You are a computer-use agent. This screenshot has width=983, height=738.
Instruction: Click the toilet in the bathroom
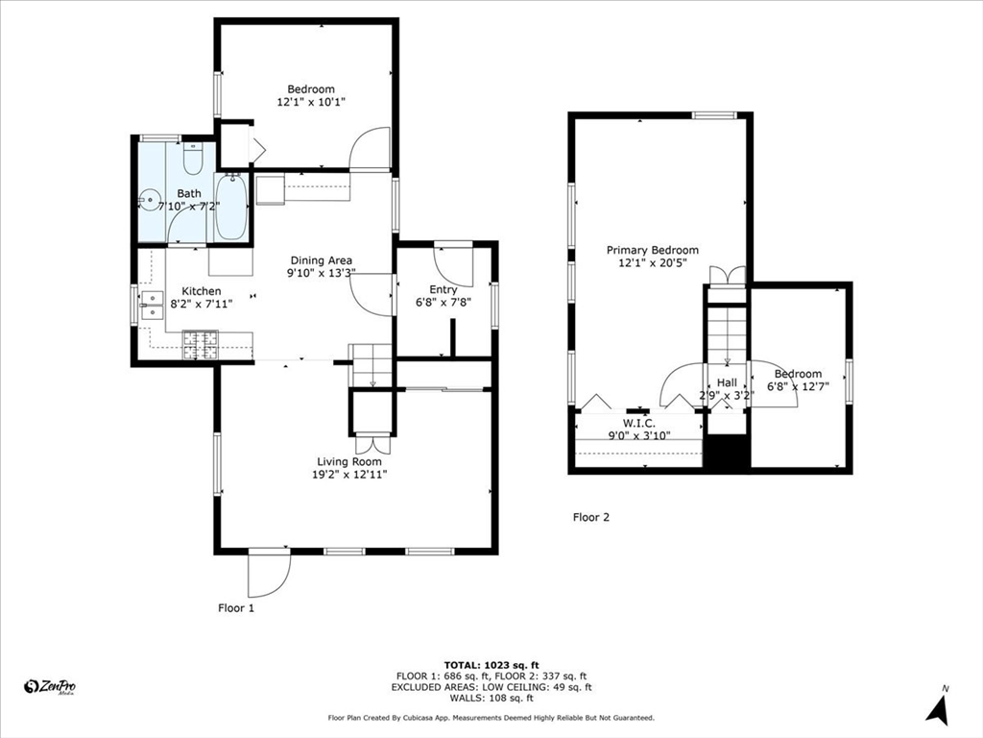coord(192,159)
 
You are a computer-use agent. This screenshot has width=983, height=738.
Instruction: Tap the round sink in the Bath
coord(149,201)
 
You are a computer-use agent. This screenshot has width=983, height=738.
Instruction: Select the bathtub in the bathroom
coord(232,208)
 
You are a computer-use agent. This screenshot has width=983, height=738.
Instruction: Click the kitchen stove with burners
coord(201,345)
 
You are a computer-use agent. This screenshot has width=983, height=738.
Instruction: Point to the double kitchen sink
coord(153,306)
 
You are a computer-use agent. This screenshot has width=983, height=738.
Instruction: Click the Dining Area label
coord(321,260)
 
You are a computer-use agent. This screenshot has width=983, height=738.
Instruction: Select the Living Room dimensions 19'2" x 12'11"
coord(349,475)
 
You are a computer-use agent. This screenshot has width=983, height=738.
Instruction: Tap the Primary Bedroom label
coord(652,251)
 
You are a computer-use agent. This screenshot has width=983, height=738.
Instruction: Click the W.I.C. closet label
coord(638,424)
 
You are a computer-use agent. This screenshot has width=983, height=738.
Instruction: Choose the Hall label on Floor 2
coord(728,382)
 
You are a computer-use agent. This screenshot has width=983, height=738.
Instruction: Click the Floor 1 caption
coord(236,608)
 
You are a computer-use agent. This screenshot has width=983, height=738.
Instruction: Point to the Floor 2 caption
coord(591,518)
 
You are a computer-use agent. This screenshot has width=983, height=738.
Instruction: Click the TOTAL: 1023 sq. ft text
coord(491,665)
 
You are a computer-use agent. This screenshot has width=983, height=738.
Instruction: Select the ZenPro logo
coord(50,687)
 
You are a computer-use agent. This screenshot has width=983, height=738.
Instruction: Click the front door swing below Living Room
coord(269,575)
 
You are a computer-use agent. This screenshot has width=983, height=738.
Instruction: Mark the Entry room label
coord(444,290)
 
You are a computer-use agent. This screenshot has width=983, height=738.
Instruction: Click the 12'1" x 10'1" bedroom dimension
coord(312,102)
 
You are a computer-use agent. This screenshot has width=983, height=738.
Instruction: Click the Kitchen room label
coord(202,291)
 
